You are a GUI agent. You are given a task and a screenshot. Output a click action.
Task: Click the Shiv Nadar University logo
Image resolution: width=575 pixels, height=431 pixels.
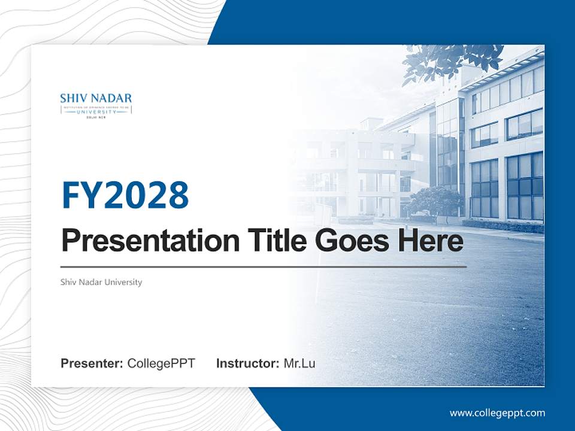pyautogui.click(x=96, y=105)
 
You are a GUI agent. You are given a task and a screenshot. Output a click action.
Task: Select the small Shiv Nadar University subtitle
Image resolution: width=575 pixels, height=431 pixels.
pyautogui.click(x=101, y=282)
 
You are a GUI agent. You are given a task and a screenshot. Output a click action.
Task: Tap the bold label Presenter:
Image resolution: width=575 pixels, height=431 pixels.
pyautogui.click(x=92, y=363)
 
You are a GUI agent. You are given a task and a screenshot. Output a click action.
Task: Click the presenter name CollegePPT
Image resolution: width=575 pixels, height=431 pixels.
pyautogui.click(x=161, y=363)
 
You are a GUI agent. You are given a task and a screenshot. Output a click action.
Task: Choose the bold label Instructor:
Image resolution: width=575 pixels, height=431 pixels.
pyautogui.click(x=247, y=363)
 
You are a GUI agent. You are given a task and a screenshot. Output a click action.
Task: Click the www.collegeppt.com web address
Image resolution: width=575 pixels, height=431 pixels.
pyautogui.click(x=497, y=413)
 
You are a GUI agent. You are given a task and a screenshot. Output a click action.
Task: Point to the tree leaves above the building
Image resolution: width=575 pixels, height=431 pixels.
pyautogui.click(x=449, y=60)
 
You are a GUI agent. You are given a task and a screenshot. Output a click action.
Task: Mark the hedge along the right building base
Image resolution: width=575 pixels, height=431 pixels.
pyautogui.click(x=503, y=226)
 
